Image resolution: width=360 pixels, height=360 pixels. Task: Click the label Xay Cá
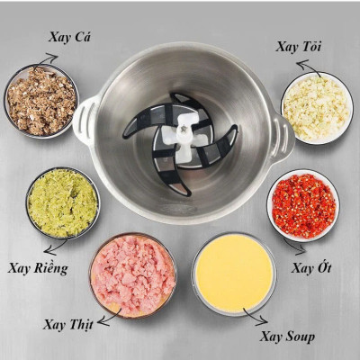pos(69,37)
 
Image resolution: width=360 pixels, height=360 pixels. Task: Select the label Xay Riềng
pos(38,267)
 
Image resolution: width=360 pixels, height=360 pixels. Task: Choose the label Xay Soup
pos(287,337)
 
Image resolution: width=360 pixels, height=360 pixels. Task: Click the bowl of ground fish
pos(40,101)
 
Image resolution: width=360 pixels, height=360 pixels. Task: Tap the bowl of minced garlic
pos(314,107)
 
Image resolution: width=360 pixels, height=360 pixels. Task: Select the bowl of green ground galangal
pos(62,202)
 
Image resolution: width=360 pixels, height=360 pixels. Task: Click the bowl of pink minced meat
pos(132,274)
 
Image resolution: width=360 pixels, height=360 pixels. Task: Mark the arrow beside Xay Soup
pos(256,318)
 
